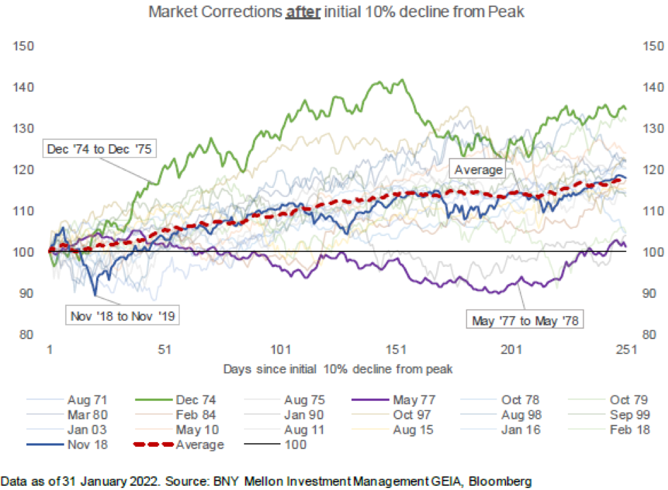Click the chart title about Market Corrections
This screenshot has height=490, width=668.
[x=333, y=13]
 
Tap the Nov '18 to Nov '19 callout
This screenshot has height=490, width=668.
[x=121, y=316]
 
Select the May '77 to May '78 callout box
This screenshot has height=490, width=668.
[x=525, y=319]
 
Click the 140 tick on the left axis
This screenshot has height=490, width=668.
[x=24, y=88]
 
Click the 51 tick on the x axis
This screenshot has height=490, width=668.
[x=164, y=349]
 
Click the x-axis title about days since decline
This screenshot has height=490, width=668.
[x=337, y=369]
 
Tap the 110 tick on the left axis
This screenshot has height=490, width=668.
[x=24, y=211]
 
